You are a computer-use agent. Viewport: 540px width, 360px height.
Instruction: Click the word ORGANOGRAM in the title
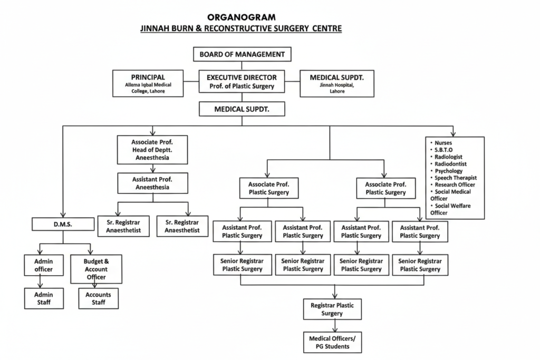pyautogui.click(x=241, y=17)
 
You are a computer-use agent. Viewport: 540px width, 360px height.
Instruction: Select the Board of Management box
pyautogui.click(x=242, y=54)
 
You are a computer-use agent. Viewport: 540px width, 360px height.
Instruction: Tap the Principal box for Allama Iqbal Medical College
pyautogui.click(x=148, y=83)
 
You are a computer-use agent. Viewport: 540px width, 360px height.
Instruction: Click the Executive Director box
pyautogui.click(x=242, y=82)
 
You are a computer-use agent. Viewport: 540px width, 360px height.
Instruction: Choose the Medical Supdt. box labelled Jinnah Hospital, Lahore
pyautogui.click(x=337, y=83)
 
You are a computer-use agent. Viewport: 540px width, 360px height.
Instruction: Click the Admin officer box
pyautogui.click(x=44, y=265)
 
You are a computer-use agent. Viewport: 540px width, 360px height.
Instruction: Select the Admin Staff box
pyautogui.click(x=44, y=298)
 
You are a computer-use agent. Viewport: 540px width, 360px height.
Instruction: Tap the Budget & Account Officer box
pyautogui.click(x=96, y=269)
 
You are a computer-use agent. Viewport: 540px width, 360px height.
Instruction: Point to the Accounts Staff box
pyautogui.click(x=99, y=298)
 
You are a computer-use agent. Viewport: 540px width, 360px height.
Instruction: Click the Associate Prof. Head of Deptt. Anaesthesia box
pyautogui.click(x=152, y=150)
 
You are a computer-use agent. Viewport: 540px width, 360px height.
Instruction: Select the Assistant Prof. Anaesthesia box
pyautogui.click(x=153, y=183)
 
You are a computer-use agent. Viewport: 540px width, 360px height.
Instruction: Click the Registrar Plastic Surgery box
pyautogui.click(x=332, y=309)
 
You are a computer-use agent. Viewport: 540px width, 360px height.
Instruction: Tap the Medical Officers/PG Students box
pyautogui.click(x=332, y=342)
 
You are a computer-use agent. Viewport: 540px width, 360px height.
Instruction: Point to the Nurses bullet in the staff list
pyautogui.click(x=443, y=143)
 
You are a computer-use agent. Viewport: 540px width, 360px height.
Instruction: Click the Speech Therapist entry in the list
pyautogui.click(x=456, y=178)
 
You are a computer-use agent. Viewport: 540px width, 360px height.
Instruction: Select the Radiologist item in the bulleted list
pyautogui.click(x=448, y=157)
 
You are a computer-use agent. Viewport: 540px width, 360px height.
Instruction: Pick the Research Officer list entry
pyautogui.click(x=455, y=184)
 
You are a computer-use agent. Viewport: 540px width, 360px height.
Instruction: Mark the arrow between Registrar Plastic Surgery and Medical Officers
pyautogui.click(x=332, y=326)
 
